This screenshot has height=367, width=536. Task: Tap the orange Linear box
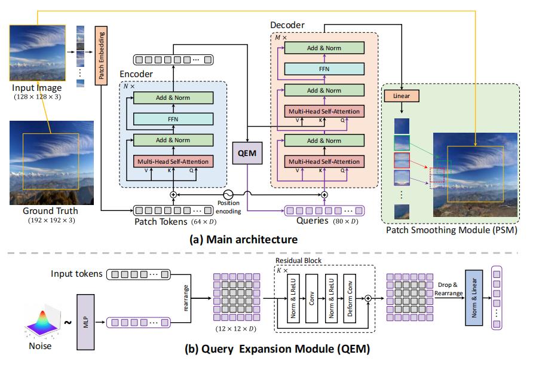tap(402, 96)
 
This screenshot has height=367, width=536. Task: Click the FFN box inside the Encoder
tap(173, 119)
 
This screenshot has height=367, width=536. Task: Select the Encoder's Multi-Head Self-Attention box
tap(173, 161)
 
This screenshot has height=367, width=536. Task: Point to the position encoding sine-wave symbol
tap(227, 194)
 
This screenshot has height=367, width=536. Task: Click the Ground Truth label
tap(50, 211)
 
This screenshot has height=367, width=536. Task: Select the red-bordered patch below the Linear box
tap(402, 160)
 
